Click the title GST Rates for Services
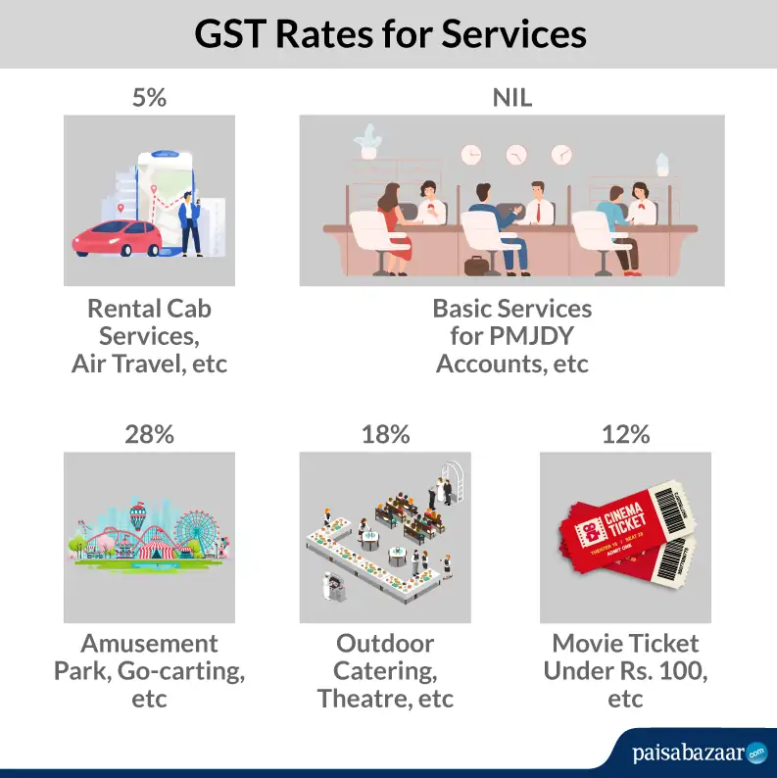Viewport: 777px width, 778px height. coord(389,33)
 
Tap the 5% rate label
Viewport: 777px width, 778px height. coord(149,98)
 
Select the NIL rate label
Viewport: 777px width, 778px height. coord(511,98)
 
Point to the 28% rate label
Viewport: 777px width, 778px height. coord(149,434)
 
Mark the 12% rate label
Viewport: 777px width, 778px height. coord(625,434)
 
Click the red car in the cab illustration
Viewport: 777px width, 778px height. coord(116,238)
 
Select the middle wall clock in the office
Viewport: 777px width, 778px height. coord(515,155)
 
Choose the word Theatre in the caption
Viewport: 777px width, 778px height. coord(361,699)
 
